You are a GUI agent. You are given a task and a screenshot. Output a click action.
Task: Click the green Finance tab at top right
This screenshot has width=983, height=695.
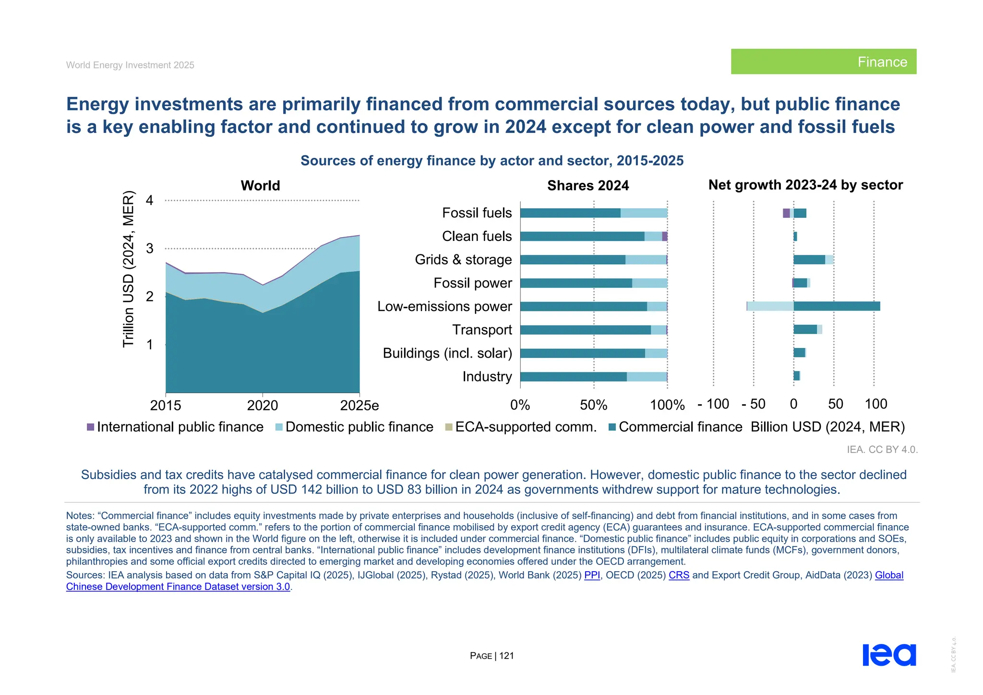point(823,61)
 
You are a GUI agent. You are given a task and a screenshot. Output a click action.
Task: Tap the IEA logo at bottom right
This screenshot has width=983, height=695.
point(889,655)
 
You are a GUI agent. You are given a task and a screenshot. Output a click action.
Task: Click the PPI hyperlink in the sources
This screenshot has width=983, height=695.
point(592,575)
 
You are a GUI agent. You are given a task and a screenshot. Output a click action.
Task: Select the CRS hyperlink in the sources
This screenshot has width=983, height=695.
point(679,575)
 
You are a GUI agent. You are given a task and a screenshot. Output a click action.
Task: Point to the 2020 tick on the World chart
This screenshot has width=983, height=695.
point(262,406)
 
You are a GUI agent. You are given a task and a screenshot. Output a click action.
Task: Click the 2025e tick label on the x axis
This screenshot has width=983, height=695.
point(359,406)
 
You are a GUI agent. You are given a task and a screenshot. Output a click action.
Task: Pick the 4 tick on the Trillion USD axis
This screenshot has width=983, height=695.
point(150,200)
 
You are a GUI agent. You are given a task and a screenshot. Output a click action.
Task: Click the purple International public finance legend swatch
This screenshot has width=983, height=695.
point(90,427)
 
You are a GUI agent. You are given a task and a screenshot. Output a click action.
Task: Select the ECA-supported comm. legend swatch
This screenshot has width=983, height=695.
point(449,427)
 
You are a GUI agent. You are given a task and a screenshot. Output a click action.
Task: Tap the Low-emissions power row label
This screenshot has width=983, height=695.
point(444,306)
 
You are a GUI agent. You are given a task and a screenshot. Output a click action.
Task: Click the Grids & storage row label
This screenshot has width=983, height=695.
point(463,260)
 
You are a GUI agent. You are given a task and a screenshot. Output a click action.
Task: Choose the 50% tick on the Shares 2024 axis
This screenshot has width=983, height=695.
point(593,405)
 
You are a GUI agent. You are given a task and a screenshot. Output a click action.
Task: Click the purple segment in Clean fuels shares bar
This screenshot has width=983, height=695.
point(665,236)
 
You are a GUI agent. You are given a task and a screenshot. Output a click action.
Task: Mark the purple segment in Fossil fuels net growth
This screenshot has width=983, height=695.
point(786,213)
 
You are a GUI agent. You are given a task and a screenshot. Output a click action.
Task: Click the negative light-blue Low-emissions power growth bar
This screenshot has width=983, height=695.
point(770,306)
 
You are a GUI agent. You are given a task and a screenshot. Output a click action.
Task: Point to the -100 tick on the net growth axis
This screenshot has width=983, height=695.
point(714,404)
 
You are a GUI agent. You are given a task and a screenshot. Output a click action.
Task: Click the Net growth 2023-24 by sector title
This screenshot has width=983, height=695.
point(805,185)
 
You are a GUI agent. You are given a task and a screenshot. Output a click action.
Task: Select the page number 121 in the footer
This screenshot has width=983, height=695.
point(506,656)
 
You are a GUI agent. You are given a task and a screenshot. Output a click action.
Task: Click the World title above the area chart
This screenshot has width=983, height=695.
point(260,185)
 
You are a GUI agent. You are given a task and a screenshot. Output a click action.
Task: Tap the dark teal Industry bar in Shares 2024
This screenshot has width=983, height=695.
point(573,377)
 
